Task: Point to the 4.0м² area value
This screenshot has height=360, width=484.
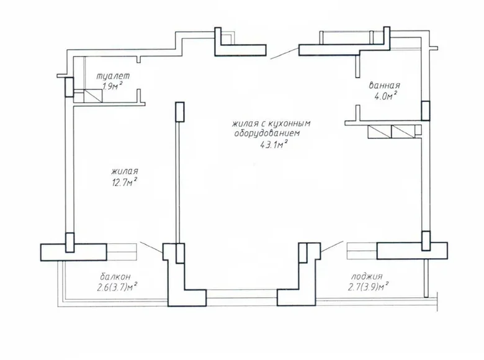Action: (385, 96)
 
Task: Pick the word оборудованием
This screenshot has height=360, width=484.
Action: (267, 134)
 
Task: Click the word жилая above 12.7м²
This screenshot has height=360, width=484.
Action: (125, 171)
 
